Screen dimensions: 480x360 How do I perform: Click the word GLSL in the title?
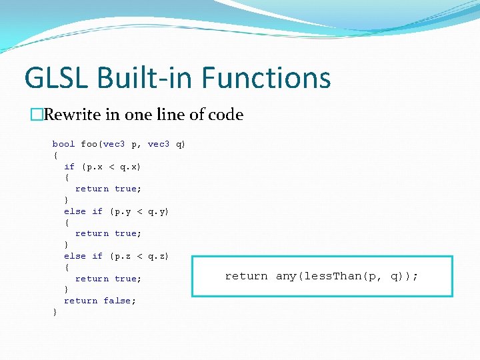(57, 77)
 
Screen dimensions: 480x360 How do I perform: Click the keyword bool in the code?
(64, 144)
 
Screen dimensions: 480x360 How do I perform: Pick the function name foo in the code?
(89, 144)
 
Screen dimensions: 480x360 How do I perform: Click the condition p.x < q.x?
(111, 167)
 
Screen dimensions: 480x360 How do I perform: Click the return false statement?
(100, 301)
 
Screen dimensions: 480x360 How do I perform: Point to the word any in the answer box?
(284, 276)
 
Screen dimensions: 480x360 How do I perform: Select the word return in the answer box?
(247, 276)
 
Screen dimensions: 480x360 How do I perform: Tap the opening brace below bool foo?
(55, 155)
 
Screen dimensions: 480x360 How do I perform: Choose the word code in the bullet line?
(226, 115)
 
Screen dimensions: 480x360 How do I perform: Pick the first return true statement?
(108, 189)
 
